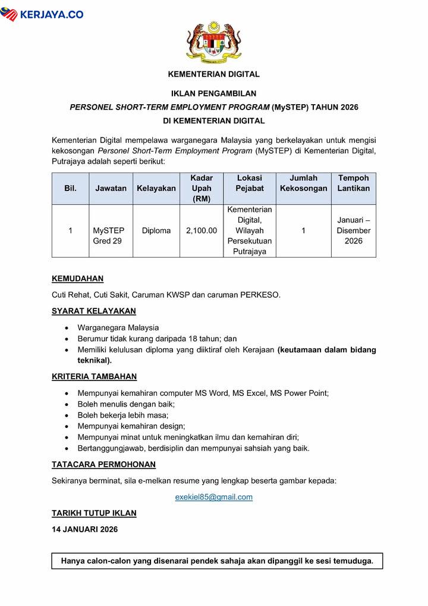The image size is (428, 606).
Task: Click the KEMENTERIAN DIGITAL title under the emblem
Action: pyautogui.click(x=214, y=74)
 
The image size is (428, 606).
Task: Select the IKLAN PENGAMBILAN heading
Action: pyautogui.click(x=214, y=93)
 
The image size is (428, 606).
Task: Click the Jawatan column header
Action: pyautogui.click(x=111, y=188)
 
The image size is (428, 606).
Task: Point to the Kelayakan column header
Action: pyautogui.click(x=156, y=188)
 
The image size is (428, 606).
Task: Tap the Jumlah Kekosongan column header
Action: pyautogui.click(x=303, y=183)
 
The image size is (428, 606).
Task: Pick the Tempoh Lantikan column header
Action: pyautogui.click(x=353, y=183)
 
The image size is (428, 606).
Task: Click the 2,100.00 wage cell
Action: pyautogui.click(x=202, y=230)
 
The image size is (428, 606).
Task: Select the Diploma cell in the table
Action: pyautogui.click(x=156, y=230)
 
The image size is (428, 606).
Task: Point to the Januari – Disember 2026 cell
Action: pyautogui.click(x=353, y=230)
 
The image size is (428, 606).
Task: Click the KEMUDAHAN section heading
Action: pyautogui.click(x=78, y=279)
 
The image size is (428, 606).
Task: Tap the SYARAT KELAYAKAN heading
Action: pyautogui.click(x=94, y=311)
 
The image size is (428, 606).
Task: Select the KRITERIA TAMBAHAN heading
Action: pyautogui.click(x=95, y=376)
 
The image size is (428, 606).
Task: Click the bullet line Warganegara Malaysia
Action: pyautogui.click(x=118, y=327)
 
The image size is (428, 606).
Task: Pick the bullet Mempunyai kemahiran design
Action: pyautogui.click(x=131, y=426)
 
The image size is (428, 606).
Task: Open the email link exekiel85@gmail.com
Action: pyautogui.click(x=214, y=497)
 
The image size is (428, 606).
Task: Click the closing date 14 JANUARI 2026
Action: pyautogui.click(x=85, y=529)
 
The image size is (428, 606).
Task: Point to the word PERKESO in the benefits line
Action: pyautogui.click(x=259, y=295)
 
